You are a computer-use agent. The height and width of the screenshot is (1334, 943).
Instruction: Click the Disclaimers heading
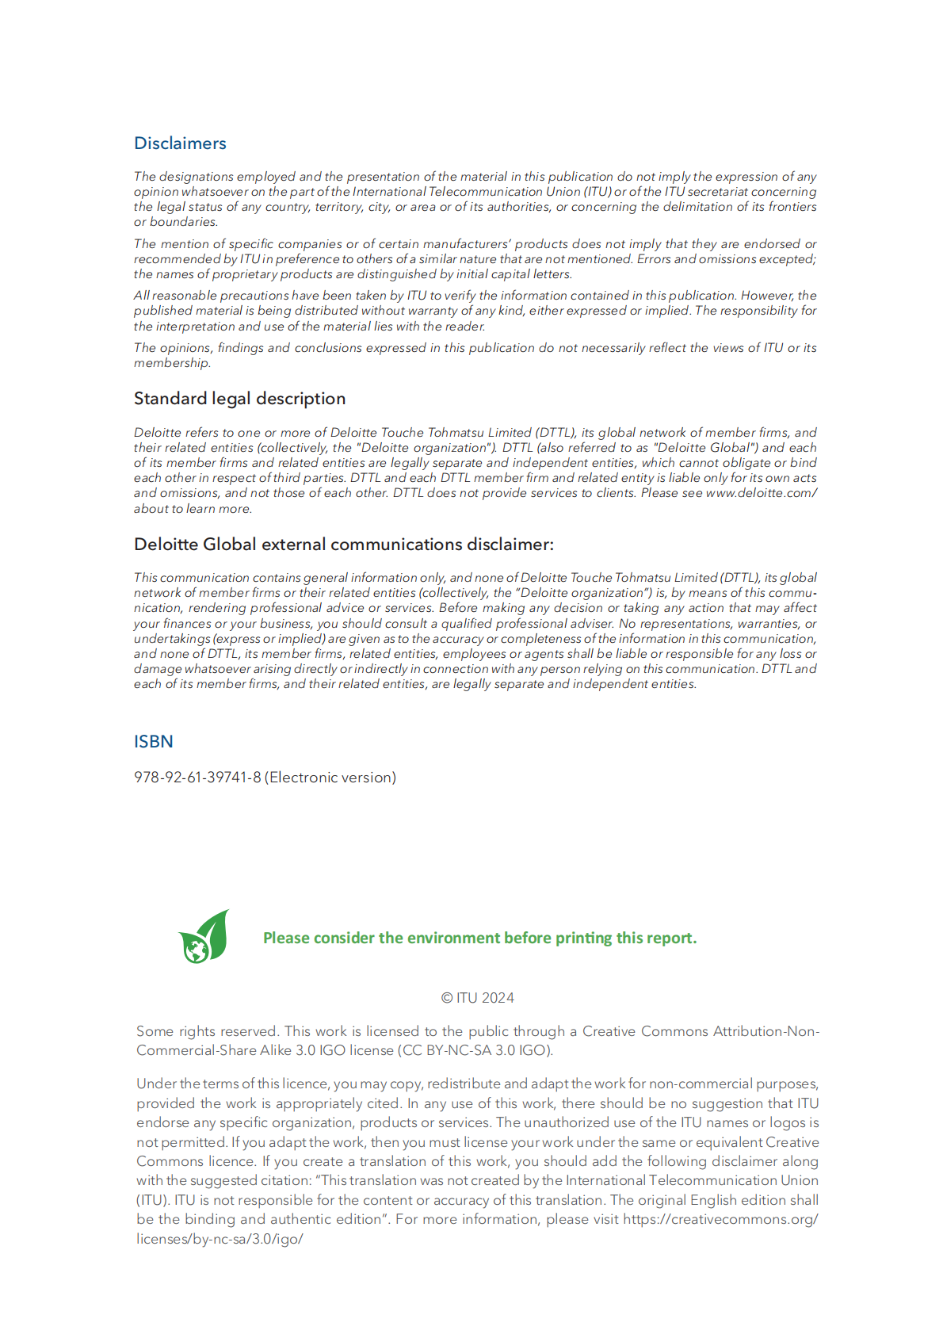pyautogui.click(x=180, y=143)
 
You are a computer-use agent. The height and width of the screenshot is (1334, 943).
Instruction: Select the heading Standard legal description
pyautogui.click(x=239, y=399)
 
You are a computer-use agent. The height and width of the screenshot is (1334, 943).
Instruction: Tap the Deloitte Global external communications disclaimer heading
pyautogui.click(x=343, y=545)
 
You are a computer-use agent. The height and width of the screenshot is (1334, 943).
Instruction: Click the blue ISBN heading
pyautogui.click(x=153, y=742)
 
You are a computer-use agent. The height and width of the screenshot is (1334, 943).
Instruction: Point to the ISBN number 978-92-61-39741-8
pyautogui.click(x=197, y=778)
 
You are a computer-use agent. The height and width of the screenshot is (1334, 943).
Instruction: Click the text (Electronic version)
pyautogui.click(x=330, y=778)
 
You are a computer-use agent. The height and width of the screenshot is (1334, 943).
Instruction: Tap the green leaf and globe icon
pyautogui.click(x=204, y=937)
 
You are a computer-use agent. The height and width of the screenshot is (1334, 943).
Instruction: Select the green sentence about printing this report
pyautogui.click(x=479, y=938)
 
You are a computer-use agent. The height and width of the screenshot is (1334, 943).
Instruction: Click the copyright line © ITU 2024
pyautogui.click(x=477, y=998)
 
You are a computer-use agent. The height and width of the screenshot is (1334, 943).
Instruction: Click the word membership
pyautogui.click(x=171, y=363)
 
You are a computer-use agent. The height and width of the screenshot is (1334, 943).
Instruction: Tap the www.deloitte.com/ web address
pyautogui.click(x=761, y=493)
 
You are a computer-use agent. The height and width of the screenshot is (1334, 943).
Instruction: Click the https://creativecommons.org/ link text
pyautogui.click(x=720, y=1219)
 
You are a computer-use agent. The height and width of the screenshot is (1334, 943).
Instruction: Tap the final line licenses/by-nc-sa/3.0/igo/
pyautogui.click(x=220, y=1239)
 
